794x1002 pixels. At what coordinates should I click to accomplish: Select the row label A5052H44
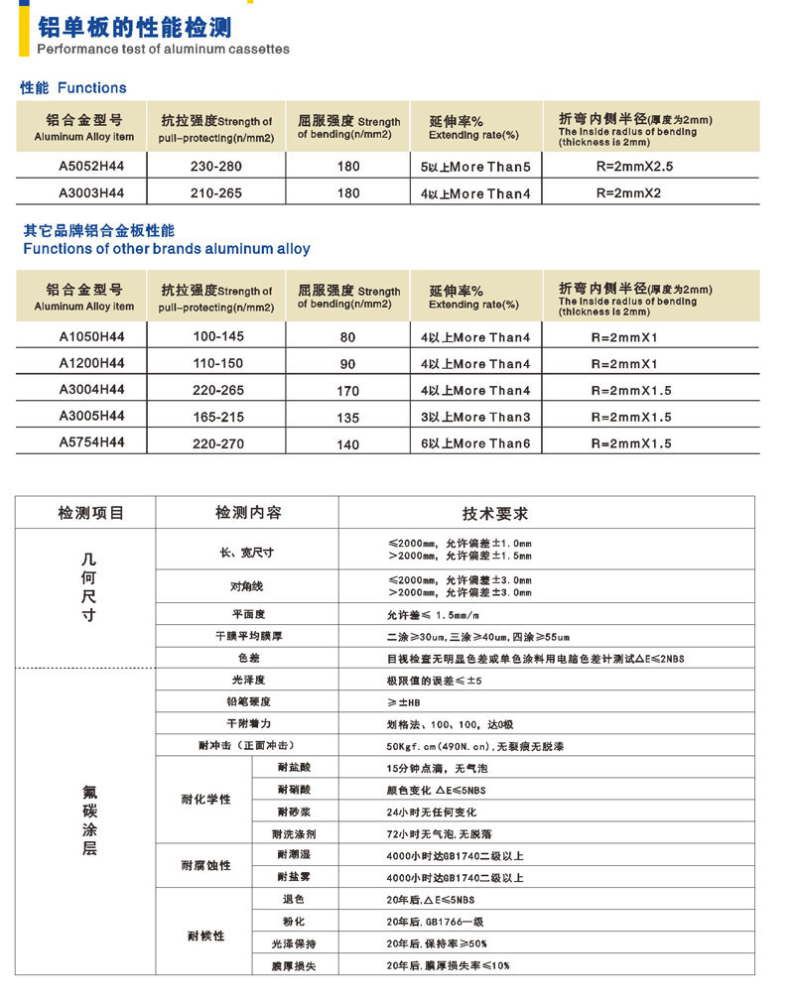click(83, 167)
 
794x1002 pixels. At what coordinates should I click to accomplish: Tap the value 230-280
click(215, 167)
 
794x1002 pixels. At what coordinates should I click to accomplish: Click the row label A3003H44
click(83, 193)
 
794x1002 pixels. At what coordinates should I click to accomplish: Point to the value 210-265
click(215, 193)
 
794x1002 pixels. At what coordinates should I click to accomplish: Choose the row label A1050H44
click(83, 337)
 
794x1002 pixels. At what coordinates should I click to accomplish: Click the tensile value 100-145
click(217, 337)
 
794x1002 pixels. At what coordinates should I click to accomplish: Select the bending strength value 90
click(347, 364)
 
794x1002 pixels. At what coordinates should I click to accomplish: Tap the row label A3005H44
click(83, 417)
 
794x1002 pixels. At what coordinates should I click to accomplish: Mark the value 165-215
click(217, 417)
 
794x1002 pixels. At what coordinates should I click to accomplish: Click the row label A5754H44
click(83, 443)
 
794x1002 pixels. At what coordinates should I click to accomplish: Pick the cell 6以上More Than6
click(475, 443)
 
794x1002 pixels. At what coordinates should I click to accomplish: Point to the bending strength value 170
click(347, 391)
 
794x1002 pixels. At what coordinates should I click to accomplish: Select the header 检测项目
click(91, 514)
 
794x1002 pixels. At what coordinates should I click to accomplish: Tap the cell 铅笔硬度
click(246, 702)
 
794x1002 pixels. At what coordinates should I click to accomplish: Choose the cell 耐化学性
click(204, 800)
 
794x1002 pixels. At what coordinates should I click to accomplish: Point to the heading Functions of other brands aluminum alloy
click(167, 249)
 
